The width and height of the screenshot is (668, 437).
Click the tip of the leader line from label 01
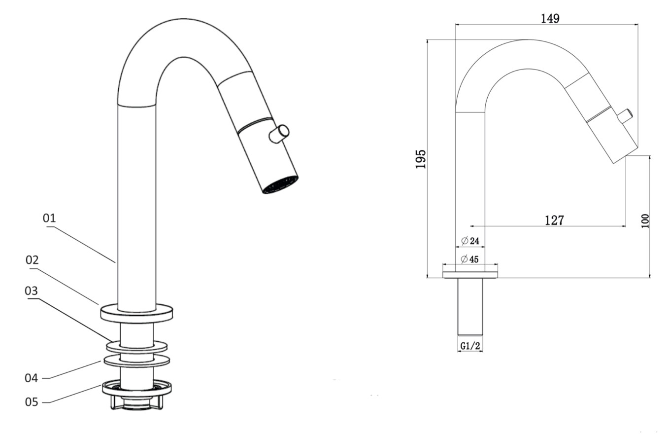[x=115, y=263]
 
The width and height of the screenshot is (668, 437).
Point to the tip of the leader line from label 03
[x=113, y=341]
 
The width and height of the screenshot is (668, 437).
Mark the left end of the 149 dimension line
[x=456, y=24]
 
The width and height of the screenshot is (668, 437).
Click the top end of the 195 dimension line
[x=427, y=39]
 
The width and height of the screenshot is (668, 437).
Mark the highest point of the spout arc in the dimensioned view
[x=527, y=39]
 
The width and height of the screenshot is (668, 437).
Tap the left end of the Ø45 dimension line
[x=443, y=264]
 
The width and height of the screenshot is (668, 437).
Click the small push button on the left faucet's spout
[x=279, y=134]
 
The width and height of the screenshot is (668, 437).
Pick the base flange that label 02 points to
[x=136, y=313]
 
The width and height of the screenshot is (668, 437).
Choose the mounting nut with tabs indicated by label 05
[x=137, y=395]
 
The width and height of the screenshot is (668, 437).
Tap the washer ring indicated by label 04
[x=137, y=360]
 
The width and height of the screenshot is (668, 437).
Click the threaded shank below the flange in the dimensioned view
[x=470, y=307]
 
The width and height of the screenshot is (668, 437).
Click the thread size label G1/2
[x=470, y=346]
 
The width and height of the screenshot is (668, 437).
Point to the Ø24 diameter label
[x=470, y=241]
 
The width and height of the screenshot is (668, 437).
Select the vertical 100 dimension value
[x=645, y=221]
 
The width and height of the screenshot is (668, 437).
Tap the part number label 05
[x=32, y=402]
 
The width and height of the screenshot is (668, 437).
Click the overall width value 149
[x=550, y=19]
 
